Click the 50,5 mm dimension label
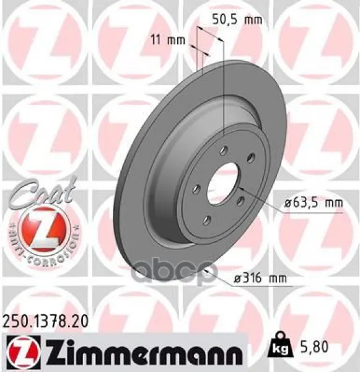237,19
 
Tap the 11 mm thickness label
168,40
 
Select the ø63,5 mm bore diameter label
314,203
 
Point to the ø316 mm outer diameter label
260,278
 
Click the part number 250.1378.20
45,322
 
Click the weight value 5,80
312,347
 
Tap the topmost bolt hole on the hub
224,151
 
